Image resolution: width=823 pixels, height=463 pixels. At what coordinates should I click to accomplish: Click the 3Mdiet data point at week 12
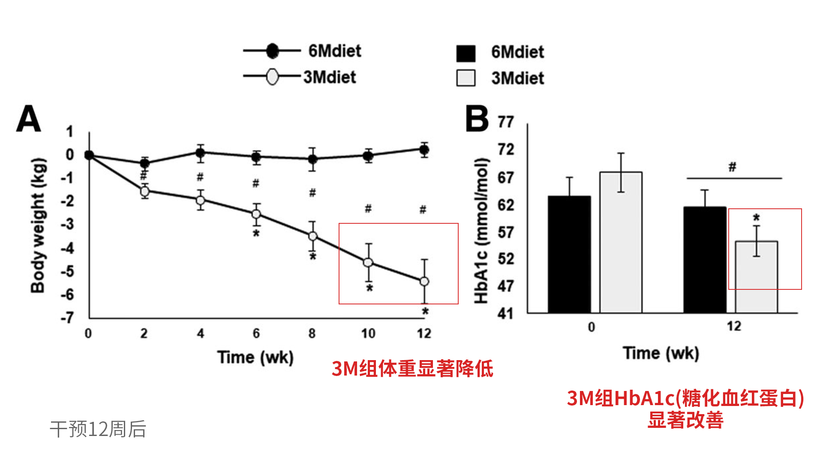pos(424,282)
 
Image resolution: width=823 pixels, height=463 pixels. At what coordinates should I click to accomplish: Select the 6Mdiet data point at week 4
pos(200,153)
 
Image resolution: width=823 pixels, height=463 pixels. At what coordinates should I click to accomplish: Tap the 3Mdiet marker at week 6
pos(256,214)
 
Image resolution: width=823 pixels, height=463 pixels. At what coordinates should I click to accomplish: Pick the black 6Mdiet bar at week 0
pos(569,255)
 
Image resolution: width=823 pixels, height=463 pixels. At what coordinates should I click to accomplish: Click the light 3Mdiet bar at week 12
pos(756,277)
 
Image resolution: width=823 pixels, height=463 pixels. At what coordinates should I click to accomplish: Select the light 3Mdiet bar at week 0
pos(621,243)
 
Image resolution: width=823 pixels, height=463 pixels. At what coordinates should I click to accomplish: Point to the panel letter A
pos(28,119)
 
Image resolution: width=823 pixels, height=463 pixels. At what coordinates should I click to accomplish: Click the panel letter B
pos(477,119)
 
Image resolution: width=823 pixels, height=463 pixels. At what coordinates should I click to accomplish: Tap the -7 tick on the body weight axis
pos(67,318)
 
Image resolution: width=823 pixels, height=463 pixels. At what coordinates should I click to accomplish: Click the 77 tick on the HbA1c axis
pos(505,122)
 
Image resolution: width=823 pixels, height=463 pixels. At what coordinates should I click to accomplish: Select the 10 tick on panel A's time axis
pos(368,334)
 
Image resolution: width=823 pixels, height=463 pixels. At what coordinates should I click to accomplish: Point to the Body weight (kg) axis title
pos(38,225)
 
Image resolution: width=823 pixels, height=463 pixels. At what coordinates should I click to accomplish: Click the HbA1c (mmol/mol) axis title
pos(482,231)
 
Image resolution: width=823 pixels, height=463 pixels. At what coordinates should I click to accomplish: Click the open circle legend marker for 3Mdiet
pos(272,77)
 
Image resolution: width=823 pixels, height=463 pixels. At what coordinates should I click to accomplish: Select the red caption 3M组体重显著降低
pos(412,369)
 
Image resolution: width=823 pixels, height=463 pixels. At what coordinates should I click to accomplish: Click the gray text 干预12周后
pos(98,429)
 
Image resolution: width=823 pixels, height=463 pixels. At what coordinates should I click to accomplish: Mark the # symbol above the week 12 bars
pos(733,167)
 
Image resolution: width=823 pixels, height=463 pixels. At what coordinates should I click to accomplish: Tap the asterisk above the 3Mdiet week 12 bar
pos(757,218)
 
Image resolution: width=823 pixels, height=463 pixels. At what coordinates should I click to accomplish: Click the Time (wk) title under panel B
pos(661,354)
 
